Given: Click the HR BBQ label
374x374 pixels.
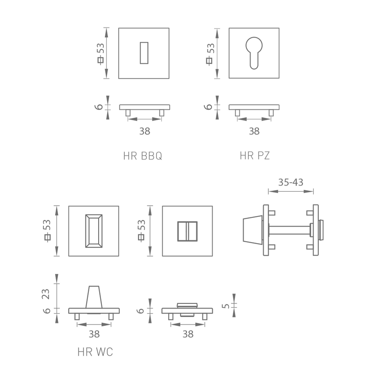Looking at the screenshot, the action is point(143,156).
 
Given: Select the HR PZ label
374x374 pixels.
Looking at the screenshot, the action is point(255,156).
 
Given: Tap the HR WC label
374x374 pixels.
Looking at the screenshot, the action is point(95,352).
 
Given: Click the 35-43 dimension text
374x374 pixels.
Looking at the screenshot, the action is point(291,182).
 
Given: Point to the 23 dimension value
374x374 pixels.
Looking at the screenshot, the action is point(45,294).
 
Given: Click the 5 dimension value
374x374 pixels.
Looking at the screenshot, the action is point(225,306).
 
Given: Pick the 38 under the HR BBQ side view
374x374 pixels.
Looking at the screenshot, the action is point(144,131).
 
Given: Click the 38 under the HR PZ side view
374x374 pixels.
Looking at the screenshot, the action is point(254,131).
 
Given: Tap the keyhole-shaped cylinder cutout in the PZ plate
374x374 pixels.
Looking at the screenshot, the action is point(254,53).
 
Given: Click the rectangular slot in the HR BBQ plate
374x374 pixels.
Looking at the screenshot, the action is point(144,53).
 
